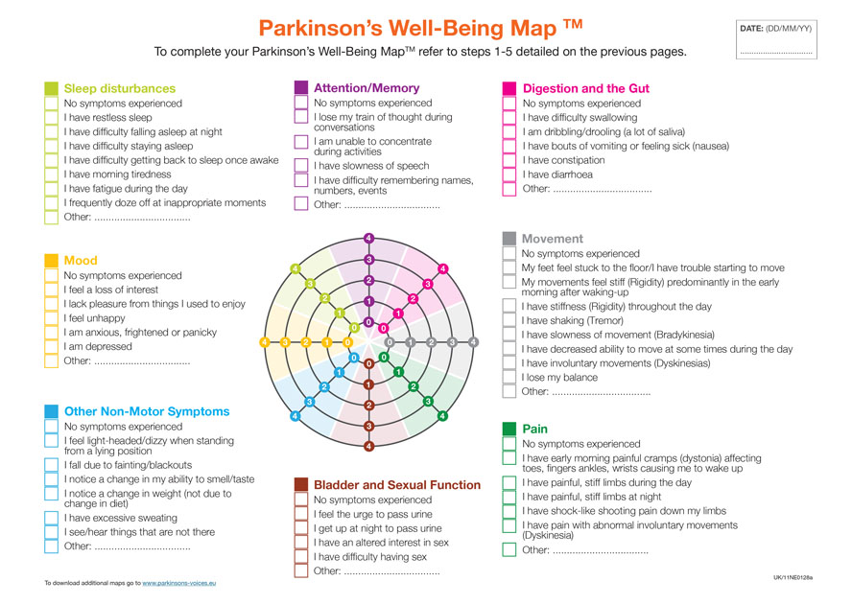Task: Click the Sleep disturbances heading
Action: pos(119,88)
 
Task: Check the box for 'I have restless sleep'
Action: pos(51,117)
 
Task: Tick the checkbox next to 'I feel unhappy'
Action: pos(51,318)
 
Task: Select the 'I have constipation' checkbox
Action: pos(509,160)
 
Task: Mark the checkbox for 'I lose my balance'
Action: pos(509,378)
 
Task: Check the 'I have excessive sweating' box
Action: pos(51,518)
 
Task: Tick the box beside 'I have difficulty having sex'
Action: pos(300,557)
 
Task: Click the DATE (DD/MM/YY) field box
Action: pos(776,39)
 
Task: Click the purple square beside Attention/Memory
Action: pos(300,87)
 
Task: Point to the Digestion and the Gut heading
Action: pos(585,88)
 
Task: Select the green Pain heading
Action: pos(534,429)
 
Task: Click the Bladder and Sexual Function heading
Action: pos(397,485)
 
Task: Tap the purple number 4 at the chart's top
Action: pos(368,238)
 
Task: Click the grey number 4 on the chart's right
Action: pos(473,342)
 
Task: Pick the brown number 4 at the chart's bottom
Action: pos(368,446)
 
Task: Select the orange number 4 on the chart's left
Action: pos(264,342)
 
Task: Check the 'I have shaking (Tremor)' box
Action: pos(509,320)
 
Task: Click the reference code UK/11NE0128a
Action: pos(793,578)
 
